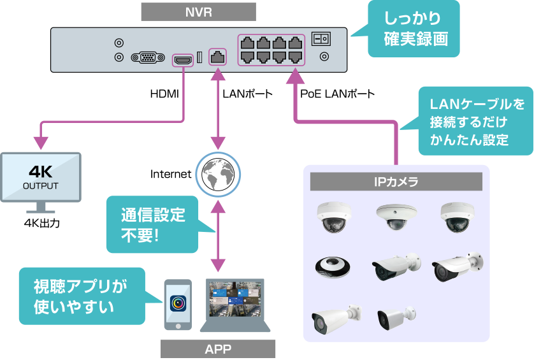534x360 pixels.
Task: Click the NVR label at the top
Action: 198,12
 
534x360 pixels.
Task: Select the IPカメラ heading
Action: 396,182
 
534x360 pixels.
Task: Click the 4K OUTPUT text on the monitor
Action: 40,178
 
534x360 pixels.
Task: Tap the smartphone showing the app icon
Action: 178,305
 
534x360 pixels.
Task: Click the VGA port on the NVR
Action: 148,57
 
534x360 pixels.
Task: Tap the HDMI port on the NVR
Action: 184,59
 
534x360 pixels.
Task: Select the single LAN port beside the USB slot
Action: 218,56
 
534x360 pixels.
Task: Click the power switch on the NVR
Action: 321,38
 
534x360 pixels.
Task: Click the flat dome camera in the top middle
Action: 396,217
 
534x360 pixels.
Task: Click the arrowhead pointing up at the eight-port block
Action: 295,77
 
